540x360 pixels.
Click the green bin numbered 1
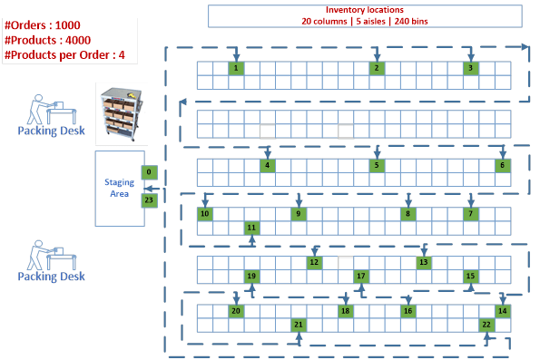(235, 68)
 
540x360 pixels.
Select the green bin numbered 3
(470, 68)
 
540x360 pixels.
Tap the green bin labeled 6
(501, 165)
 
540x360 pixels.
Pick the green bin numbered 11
(251, 228)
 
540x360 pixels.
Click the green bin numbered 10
(204, 214)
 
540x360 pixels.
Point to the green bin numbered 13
(423, 262)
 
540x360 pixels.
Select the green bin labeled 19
(251, 276)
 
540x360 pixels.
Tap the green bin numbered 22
(486, 324)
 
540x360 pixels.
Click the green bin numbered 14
(502, 311)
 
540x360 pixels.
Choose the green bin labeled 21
(298, 324)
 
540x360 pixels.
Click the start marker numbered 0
(150, 171)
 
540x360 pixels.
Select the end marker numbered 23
(150, 199)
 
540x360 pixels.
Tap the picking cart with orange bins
(123, 114)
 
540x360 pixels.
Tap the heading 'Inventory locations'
(364, 9)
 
